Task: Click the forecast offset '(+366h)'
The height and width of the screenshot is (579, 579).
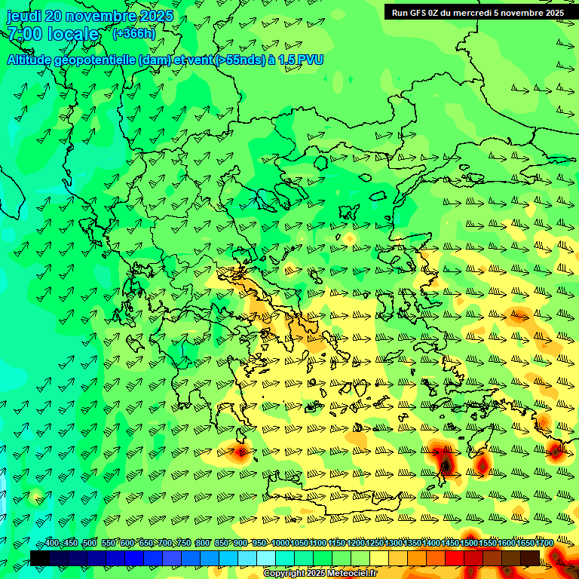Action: (134, 33)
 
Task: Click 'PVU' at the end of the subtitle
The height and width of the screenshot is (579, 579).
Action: (310, 60)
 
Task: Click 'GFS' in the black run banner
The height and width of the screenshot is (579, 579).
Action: (422, 12)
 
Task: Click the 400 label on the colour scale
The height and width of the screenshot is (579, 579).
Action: (51, 544)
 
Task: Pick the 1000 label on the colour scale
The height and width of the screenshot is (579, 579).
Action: (280, 544)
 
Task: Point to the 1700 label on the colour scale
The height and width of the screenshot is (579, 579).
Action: (524, 544)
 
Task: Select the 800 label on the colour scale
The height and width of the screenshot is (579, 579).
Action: (203, 544)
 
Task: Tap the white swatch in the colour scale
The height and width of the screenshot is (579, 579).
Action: (265, 558)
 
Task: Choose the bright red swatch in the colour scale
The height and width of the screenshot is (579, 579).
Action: (454, 558)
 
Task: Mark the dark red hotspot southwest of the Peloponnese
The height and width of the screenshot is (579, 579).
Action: (240, 452)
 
